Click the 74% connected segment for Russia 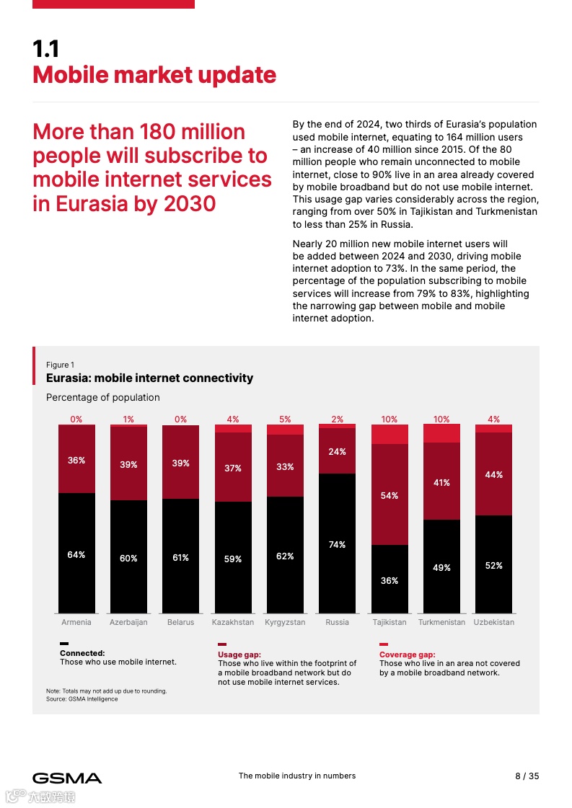click(x=337, y=544)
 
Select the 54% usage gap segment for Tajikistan click(x=390, y=495)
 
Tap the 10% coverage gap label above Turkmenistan click(x=441, y=419)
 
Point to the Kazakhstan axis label click(x=232, y=622)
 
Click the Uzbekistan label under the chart click(x=493, y=622)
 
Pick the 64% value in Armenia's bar click(x=76, y=554)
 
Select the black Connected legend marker click(x=64, y=644)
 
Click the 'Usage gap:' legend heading click(x=239, y=654)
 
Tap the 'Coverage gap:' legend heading click(x=407, y=654)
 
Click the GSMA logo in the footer click(x=67, y=778)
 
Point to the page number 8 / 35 click(x=527, y=776)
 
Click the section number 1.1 click(x=45, y=49)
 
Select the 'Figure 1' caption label click(x=60, y=365)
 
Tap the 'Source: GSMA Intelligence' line click(x=82, y=698)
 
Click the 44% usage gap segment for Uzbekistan click(x=493, y=474)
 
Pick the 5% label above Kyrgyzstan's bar click(x=285, y=419)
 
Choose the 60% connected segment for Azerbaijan click(x=128, y=558)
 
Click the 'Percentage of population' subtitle click(x=102, y=397)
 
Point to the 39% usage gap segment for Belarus click(x=180, y=463)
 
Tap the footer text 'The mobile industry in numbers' click(x=296, y=776)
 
